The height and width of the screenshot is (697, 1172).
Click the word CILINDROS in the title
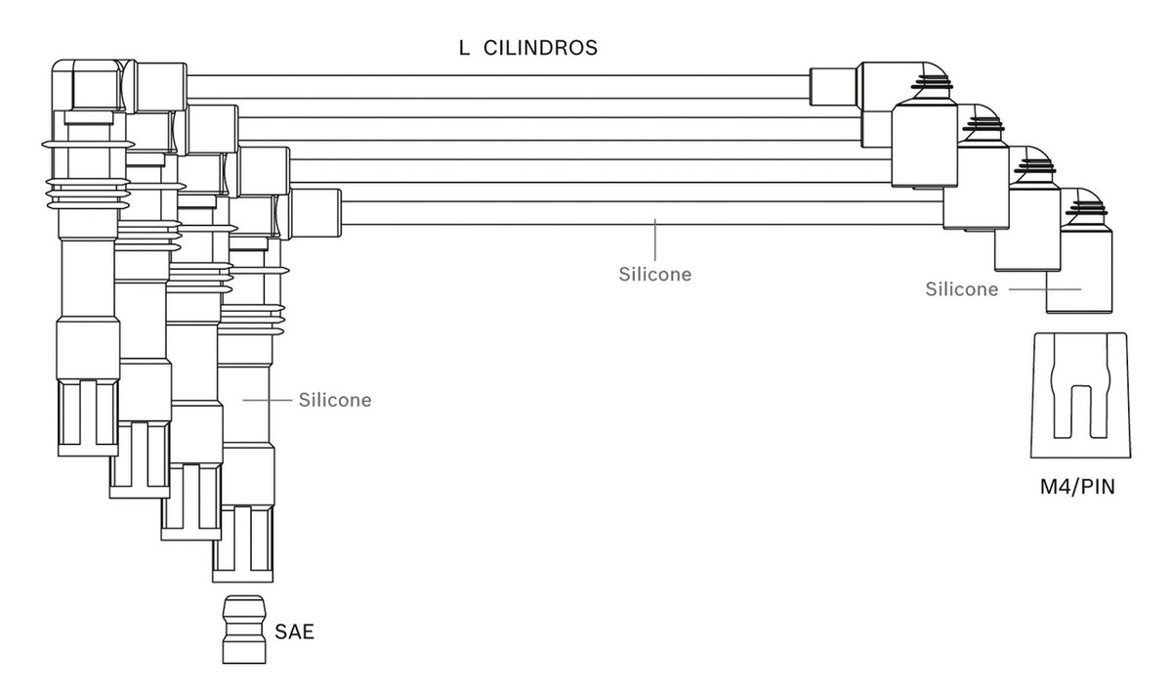[540, 48]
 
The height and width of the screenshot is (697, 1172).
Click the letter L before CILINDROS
[464, 48]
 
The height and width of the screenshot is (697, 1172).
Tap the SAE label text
[295, 632]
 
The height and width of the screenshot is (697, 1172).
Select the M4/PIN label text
[1077, 487]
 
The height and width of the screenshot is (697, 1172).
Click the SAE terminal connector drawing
[244, 630]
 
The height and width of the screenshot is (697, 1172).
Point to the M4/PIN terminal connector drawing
[1080, 395]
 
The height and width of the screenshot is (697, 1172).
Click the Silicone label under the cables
[655, 275]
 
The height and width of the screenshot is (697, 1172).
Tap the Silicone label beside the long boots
[335, 400]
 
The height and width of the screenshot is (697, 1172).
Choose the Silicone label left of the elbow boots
[962, 289]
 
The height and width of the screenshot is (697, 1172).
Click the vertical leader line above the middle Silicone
[655, 240]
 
